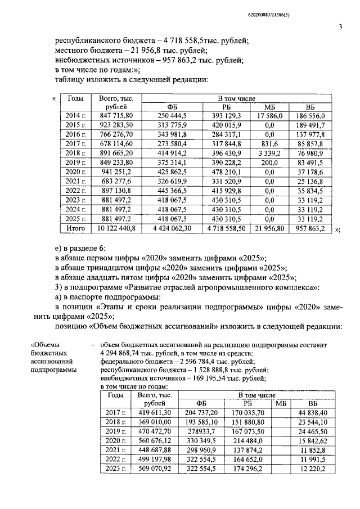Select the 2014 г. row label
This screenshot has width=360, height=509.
click(x=76, y=115)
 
